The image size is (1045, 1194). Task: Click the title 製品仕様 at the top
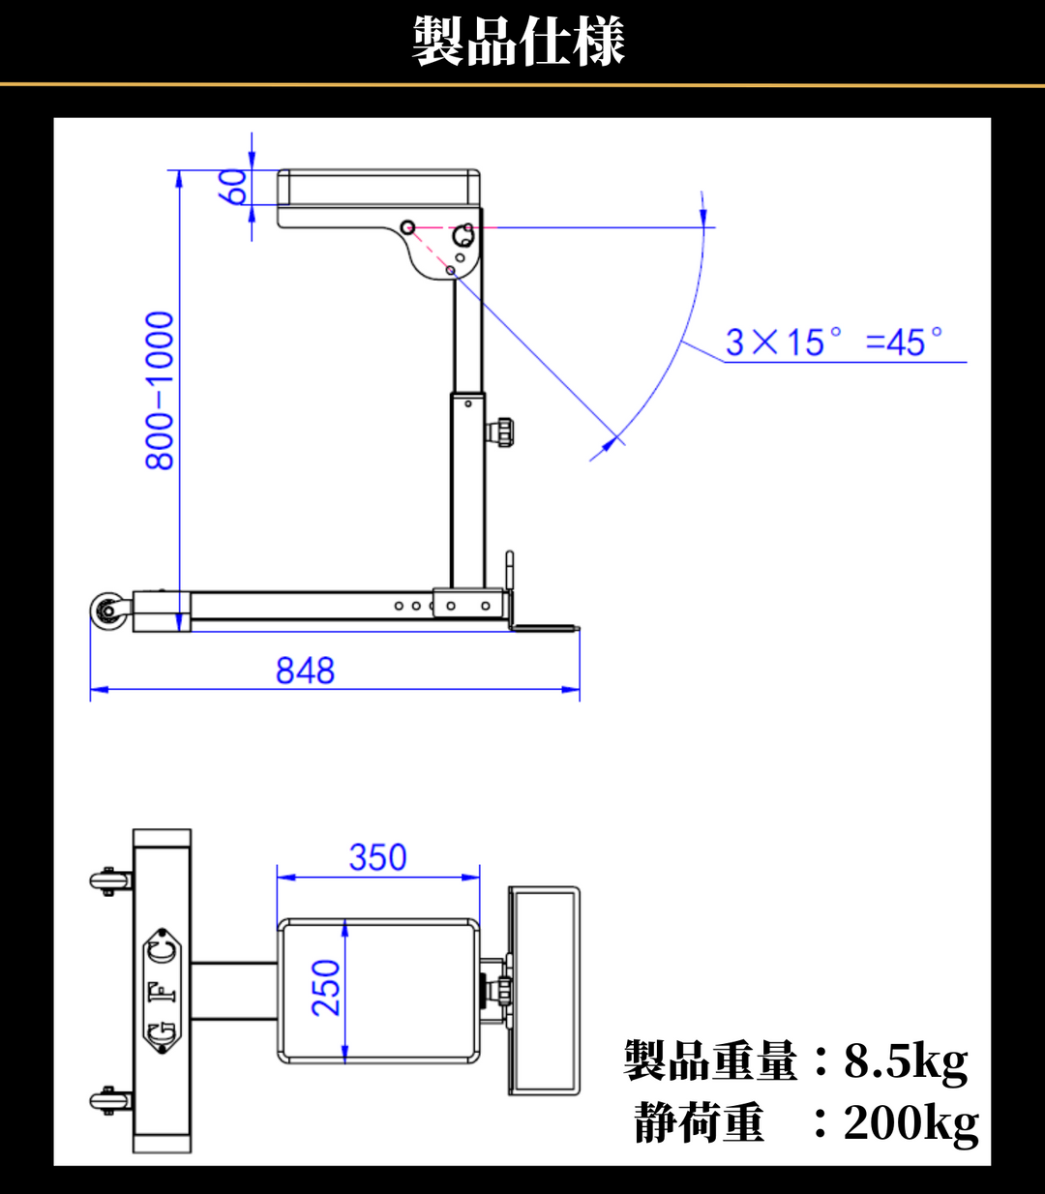(518, 41)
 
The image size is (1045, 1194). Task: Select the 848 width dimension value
(305, 671)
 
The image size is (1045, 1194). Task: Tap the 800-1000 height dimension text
(160, 391)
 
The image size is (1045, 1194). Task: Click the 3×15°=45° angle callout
(833, 342)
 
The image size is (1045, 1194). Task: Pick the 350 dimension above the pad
(377, 857)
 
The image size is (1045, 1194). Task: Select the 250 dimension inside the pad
(325, 989)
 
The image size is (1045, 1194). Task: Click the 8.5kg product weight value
(906, 1061)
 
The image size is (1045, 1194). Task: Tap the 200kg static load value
(911, 1123)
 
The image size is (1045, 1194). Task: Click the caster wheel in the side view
(108, 611)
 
